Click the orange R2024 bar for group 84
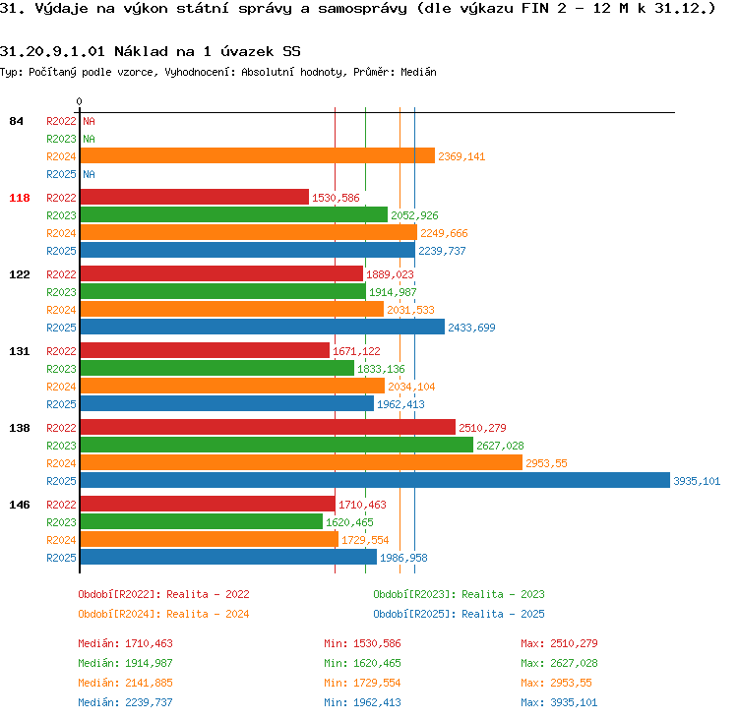(x=258, y=155)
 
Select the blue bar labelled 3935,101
(x=375, y=480)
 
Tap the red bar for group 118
(x=195, y=197)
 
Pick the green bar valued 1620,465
(x=202, y=521)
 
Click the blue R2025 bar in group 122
(x=262, y=327)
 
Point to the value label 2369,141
(x=461, y=156)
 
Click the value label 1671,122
(x=356, y=351)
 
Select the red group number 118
(x=20, y=198)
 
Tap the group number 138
(x=20, y=428)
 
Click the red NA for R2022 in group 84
(x=89, y=121)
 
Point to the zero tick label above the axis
(x=79, y=101)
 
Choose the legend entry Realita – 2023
(x=503, y=594)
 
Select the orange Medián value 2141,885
(x=149, y=683)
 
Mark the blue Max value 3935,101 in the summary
(x=574, y=702)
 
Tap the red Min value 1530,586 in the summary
(x=377, y=643)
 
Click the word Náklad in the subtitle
(x=141, y=51)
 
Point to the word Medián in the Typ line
(x=418, y=72)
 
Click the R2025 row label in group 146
(x=61, y=558)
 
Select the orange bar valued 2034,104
(x=232, y=386)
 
